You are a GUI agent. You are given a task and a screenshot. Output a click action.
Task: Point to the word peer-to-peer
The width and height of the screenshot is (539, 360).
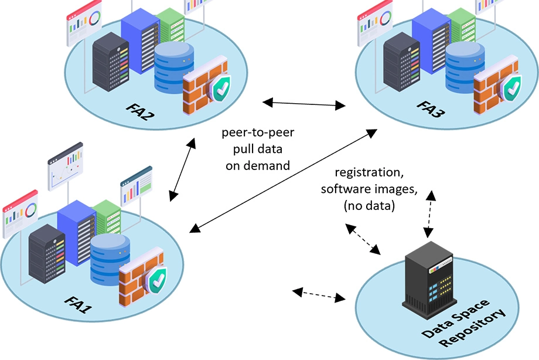[258, 133]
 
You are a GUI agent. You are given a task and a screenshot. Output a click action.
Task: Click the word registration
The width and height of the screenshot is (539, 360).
[366, 173]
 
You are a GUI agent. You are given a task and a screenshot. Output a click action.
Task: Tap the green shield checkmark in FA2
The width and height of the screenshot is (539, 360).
[221, 89]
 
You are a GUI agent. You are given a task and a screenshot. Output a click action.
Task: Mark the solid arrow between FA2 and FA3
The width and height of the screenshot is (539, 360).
[303, 104]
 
